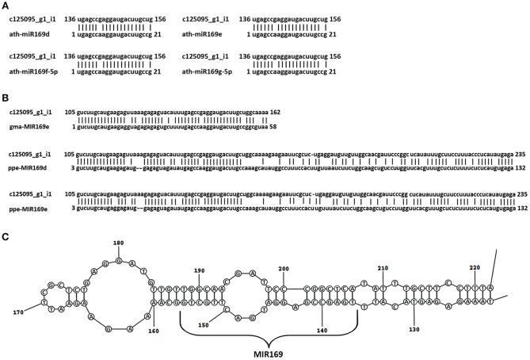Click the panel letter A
coord(6,6)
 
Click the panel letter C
coord(6,236)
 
